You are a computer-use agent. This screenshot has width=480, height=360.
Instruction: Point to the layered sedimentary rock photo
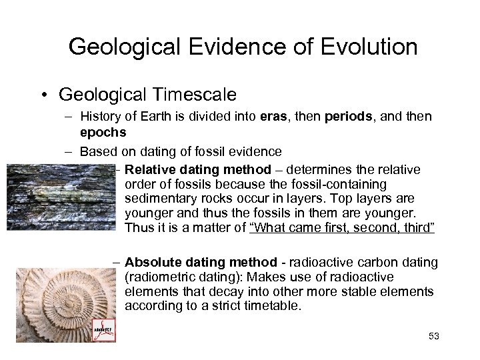60,198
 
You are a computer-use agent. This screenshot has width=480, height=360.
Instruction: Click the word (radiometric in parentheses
159,277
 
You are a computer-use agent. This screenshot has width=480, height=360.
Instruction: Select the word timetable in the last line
273,307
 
